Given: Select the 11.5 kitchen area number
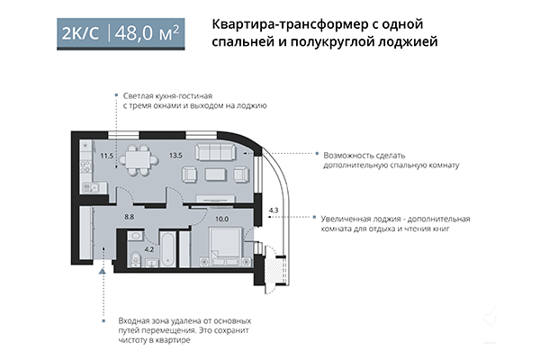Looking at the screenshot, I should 107,156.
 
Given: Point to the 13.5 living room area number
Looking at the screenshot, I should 176,156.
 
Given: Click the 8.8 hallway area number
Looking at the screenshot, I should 130,216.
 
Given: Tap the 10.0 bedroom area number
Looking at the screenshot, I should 222,217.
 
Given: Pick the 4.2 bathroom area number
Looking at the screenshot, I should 150,248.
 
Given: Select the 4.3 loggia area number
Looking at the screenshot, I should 274,211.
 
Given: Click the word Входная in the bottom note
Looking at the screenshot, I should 136,320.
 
